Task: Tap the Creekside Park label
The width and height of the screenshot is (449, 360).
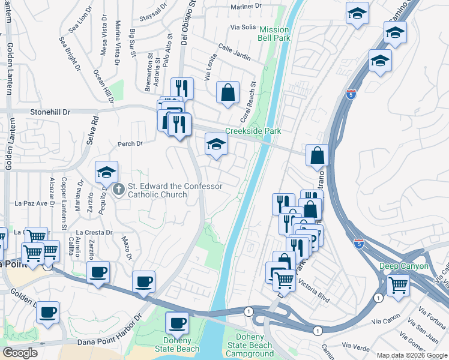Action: point(253,131)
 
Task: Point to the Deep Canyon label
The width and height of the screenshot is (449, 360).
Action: point(403,266)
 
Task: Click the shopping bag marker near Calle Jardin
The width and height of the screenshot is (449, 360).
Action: point(228,92)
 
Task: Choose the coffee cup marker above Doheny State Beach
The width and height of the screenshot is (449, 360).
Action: point(176,323)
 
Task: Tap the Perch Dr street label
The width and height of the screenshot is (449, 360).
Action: point(130,144)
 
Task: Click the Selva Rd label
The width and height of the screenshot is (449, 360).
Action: point(94,127)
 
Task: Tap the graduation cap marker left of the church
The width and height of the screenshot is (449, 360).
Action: point(106,172)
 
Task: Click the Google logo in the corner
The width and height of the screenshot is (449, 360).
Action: point(20,353)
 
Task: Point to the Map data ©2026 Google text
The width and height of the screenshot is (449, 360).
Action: point(412,355)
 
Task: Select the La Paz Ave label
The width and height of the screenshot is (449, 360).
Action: point(31,203)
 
